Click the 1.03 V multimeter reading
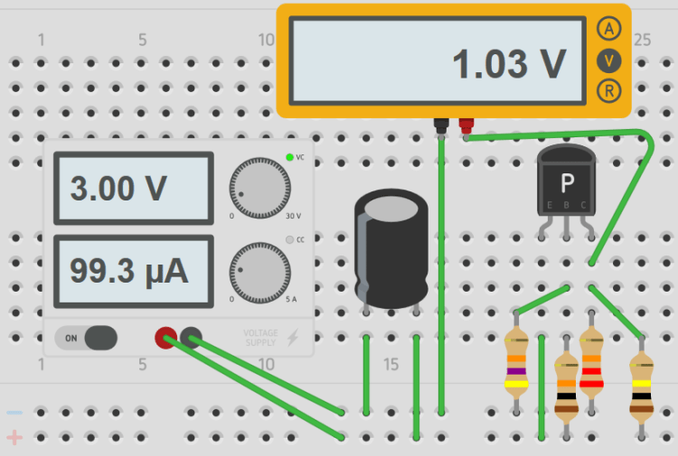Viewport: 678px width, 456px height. coord(509,63)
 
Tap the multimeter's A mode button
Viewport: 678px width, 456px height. coord(610,29)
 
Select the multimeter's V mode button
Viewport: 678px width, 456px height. coord(610,60)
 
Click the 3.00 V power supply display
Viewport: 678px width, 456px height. coord(134,188)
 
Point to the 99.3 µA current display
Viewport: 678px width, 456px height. coord(134,270)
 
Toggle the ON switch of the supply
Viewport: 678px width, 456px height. coord(86,338)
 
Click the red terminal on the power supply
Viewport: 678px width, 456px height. coord(165,338)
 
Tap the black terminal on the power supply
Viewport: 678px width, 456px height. coord(191,338)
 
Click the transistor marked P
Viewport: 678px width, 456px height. coord(567,185)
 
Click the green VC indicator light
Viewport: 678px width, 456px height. coord(289,158)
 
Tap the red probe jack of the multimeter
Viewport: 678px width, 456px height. coord(466,125)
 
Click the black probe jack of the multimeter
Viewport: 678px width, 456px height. coord(441,125)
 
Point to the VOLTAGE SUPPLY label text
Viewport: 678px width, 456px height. coord(260,338)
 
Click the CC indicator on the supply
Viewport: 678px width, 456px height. coord(289,240)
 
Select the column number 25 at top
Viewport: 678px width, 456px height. coord(642,40)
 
